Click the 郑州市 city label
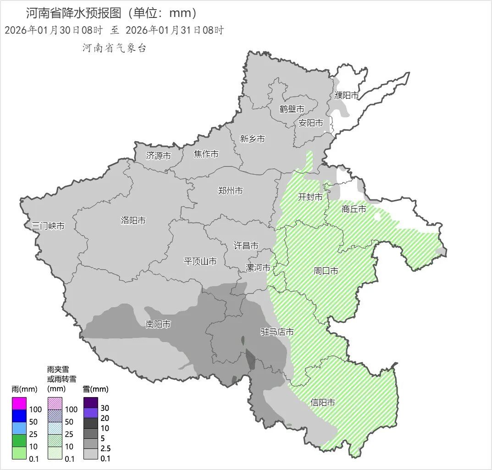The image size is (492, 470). pyautogui.click(x=231, y=191)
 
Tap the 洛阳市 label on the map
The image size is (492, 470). pyautogui.click(x=133, y=221)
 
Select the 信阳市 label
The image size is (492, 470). pyautogui.click(x=323, y=403)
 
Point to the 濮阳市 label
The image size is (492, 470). pyautogui.click(x=347, y=95)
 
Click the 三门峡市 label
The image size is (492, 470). pyautogui.click(x=48, y=226)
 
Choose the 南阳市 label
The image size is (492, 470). pyautogui.click(x=158, y=324)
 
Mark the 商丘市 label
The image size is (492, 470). pyautogui.click(x=354, y=209)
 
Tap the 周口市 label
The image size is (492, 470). pyautogui.click(x=326, y=271)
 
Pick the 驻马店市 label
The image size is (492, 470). pyautogui.click(x=277, y=332)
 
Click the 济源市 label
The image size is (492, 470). pyautogui.click(x=159, y=155)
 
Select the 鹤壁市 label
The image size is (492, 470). pyautogui.click(x=292, y=109)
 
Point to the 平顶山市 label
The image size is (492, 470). pyautogui.click(x=200, y=261)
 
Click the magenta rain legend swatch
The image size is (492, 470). pyautogui.click(x=19, y=404)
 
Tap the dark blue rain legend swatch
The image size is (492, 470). pyautogui.click(x=19, y=416)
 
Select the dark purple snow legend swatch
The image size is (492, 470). pyautogui.click(x=91, y=402)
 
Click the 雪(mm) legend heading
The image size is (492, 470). pyautogui.click(x=96, y=389)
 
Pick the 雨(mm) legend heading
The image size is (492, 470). pyautogui.click(x=24, y=389)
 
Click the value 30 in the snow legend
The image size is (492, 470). pyautogui.click(x=105, y=408)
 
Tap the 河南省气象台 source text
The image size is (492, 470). pyautogui.click(x=115, y=48)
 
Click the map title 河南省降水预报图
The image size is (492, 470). pyautogui.click(x=73, y=12)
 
